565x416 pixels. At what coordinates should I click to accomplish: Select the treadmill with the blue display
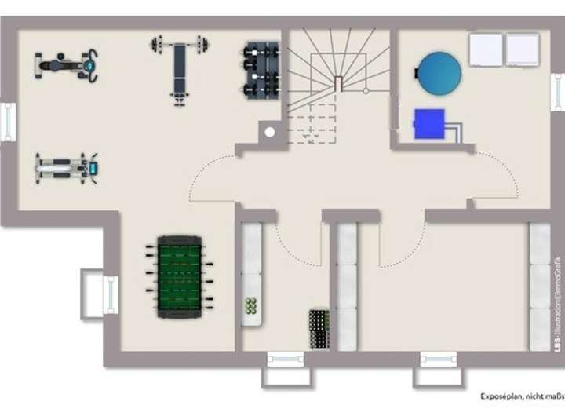(66, 167)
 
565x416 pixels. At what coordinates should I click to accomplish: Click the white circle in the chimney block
(270, 132)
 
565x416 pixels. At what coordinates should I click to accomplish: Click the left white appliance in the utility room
(486, 49)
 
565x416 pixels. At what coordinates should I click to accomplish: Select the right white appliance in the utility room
(523, 49)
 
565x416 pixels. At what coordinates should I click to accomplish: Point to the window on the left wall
(8, 122)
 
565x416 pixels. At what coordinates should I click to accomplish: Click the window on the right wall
(557, 92)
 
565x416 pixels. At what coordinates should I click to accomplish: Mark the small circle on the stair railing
(366, 90)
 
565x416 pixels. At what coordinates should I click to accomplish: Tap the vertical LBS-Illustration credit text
(558, 302)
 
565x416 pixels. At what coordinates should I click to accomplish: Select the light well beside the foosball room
(97, 294)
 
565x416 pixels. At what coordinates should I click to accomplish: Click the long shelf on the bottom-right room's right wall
(540, 286)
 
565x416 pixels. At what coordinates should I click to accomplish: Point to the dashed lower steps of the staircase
(312, 126)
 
